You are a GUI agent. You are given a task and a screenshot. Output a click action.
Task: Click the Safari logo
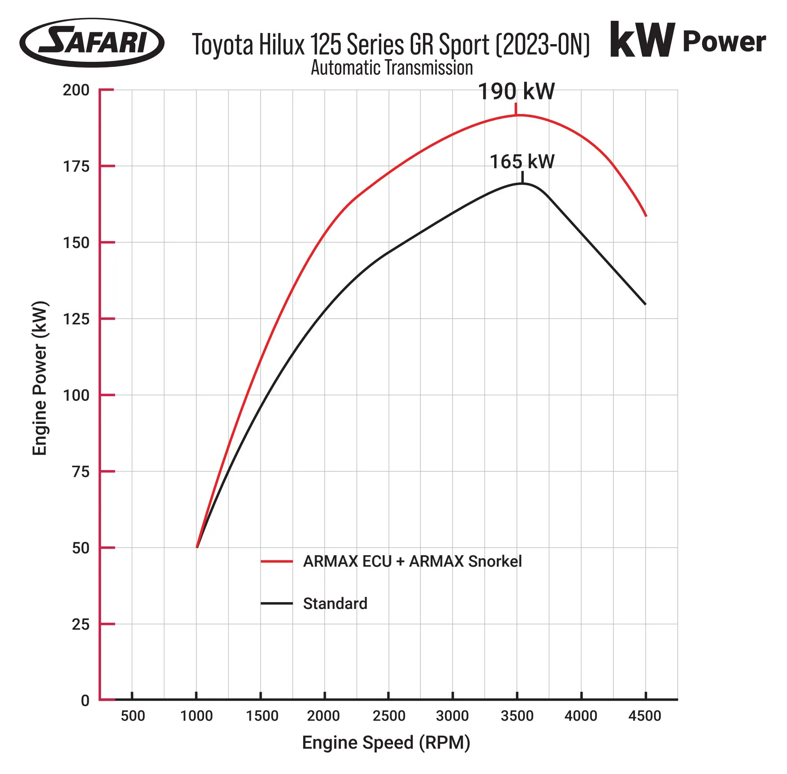[91, 42]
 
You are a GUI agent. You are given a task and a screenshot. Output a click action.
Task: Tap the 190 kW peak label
[516, 91]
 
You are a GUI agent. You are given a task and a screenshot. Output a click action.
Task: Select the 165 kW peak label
[522, 162]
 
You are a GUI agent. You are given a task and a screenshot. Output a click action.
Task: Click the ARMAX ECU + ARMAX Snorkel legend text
[412, 561]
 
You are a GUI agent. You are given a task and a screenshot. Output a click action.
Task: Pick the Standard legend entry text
[335, 604]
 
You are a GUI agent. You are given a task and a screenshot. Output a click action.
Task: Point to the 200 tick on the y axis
[76, 90]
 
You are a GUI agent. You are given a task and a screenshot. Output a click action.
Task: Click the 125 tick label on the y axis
[76, 319]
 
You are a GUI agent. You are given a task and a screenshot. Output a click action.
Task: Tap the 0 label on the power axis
[85, 700]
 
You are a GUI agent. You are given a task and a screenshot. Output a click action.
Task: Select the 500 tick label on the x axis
[133, 716]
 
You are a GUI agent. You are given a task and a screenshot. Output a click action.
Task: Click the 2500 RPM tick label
[389, 716]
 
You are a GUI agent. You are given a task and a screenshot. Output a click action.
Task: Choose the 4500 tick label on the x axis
[644, 716]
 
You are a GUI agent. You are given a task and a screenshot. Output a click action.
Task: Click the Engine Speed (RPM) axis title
[386, 743]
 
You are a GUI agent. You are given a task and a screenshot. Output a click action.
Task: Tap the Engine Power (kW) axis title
[40, 378]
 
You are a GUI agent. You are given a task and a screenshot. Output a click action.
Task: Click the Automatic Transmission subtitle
[392, 68]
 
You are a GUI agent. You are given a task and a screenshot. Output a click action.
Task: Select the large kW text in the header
[642, 41]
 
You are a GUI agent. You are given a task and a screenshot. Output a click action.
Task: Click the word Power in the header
[724, 42]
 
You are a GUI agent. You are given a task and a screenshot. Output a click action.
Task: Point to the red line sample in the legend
[277, 561]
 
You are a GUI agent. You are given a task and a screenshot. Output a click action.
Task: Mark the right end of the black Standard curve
[645, 304]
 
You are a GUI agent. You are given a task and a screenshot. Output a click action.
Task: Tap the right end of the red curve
[646, 216]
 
